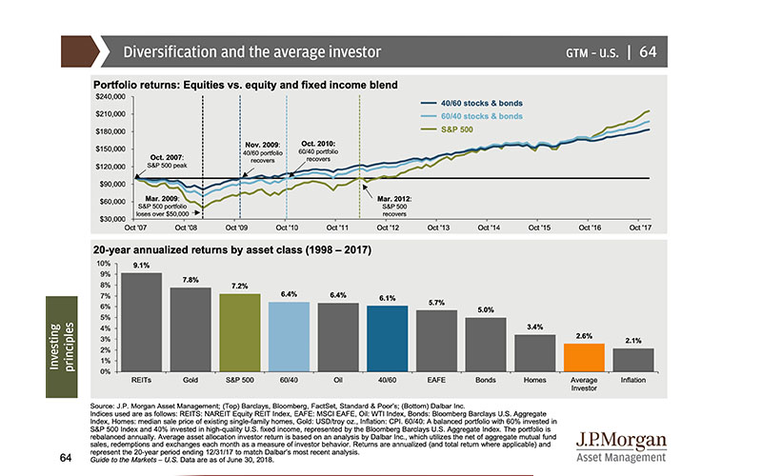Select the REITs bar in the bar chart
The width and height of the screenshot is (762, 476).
pyautogui.click(x=141, y=323)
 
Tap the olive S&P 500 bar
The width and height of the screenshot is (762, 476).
pyautogui.click(x=239, y=333)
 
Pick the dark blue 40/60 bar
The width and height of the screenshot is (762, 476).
pyautogui.click(x=388, y=339)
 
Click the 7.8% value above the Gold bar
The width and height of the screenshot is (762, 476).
pyautogui.click(x=190, y=280)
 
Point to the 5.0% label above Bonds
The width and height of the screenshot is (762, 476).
pyautogui.click(x=486, y=309)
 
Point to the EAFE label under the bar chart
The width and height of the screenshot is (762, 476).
pyautogui.click(x=436, y=380)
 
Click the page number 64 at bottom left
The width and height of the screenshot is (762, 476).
pyautogui.click(x=65, y=430)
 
